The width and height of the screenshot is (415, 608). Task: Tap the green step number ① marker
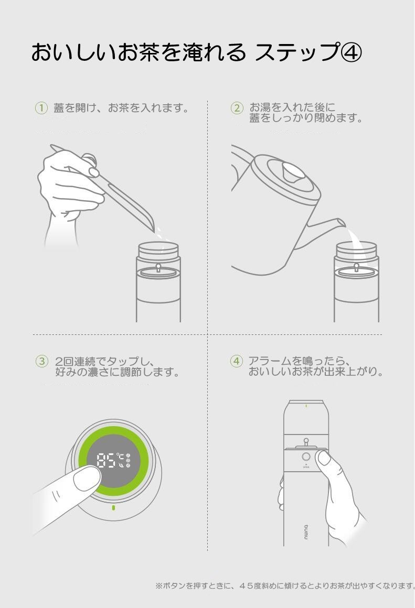coord(41,108)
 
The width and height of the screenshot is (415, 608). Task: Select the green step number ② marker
coord(237,108)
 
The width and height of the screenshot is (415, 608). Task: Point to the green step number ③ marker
coord(42,361)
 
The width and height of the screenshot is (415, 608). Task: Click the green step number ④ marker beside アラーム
coord(237,361)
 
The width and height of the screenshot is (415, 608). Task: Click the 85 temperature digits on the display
coord(105,461)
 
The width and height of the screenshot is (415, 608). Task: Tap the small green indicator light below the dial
coord(113,507)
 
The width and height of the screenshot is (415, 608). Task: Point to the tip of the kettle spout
coord(344,222)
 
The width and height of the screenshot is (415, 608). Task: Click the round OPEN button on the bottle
coord(306,457)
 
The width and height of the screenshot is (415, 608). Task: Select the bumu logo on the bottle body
coord(306,531)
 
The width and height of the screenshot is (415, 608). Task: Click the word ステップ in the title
coord(296,52)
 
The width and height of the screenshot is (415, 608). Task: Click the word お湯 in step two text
coord(259,107)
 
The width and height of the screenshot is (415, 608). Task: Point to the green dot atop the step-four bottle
coord(306,406)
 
